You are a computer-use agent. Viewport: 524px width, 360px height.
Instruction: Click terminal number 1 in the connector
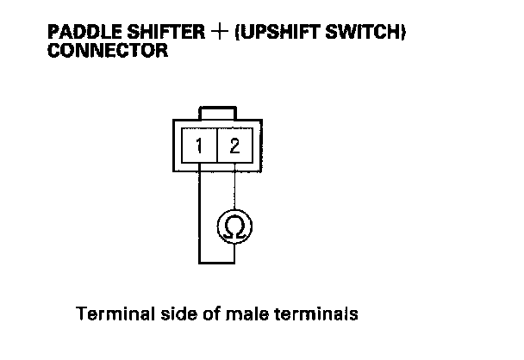(x=199, y=145)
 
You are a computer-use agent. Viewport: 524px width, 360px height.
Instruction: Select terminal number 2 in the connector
(x=234, y=145)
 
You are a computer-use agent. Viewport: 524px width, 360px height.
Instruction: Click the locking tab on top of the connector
(x=216, y=114)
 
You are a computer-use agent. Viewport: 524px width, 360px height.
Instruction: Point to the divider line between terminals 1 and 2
(x=216, y=145)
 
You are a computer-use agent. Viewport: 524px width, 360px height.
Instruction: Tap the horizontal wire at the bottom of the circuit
(x=216, y=263)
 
